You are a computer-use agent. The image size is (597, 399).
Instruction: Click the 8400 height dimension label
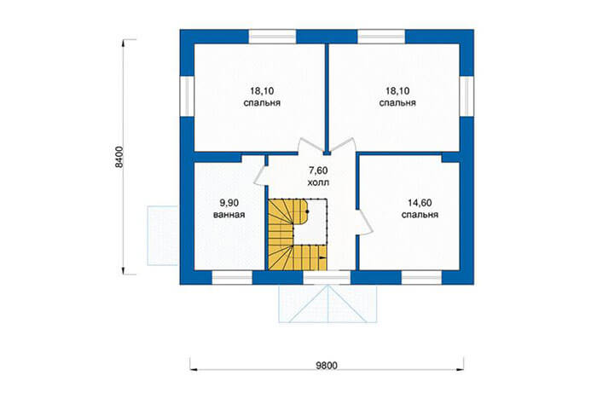point(119,157)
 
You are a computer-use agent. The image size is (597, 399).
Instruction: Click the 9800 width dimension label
point(327,366)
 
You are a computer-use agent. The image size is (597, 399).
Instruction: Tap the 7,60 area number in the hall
point(318,171)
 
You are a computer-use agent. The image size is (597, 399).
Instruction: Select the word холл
point(318,182)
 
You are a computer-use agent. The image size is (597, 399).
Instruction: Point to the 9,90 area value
point(229,203)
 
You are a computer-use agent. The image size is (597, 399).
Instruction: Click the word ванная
point(229,215)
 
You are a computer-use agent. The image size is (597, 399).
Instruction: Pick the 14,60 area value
point(420,203)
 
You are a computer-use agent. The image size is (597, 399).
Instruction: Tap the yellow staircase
point(298,234)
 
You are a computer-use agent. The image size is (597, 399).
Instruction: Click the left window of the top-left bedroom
point(187,96)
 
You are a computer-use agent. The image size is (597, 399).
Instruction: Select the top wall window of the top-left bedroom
point(273,37)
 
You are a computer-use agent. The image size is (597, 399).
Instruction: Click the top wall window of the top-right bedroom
point(381,37)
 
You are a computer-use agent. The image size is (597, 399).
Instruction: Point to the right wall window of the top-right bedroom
point(467,96)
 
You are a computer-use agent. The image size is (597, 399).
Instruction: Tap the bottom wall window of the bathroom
point(232,278)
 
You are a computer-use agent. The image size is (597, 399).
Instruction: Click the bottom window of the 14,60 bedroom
point(422,278)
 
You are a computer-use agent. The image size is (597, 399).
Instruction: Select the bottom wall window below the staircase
point(327,278)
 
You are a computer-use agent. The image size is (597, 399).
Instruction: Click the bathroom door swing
point(262,176)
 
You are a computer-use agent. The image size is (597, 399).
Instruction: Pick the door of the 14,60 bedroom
point(365,222)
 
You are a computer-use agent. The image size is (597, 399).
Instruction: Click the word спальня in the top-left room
point(262,103)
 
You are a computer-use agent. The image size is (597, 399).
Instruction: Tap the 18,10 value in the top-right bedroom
point(397,91)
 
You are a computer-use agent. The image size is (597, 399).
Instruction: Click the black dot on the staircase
point(307,211)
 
